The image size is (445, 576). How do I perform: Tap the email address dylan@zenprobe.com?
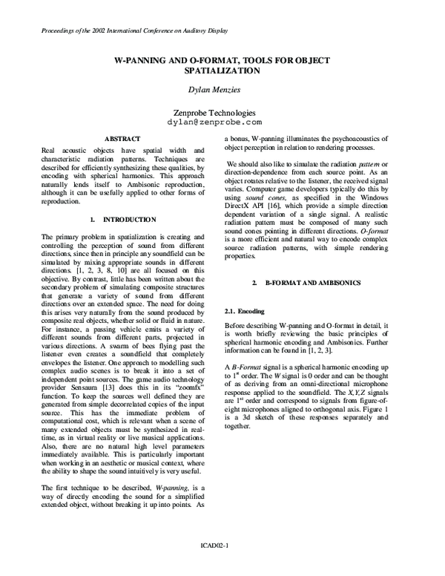222,120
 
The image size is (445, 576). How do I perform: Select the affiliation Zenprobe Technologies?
222,110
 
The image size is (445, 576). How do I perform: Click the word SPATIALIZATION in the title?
222,71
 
